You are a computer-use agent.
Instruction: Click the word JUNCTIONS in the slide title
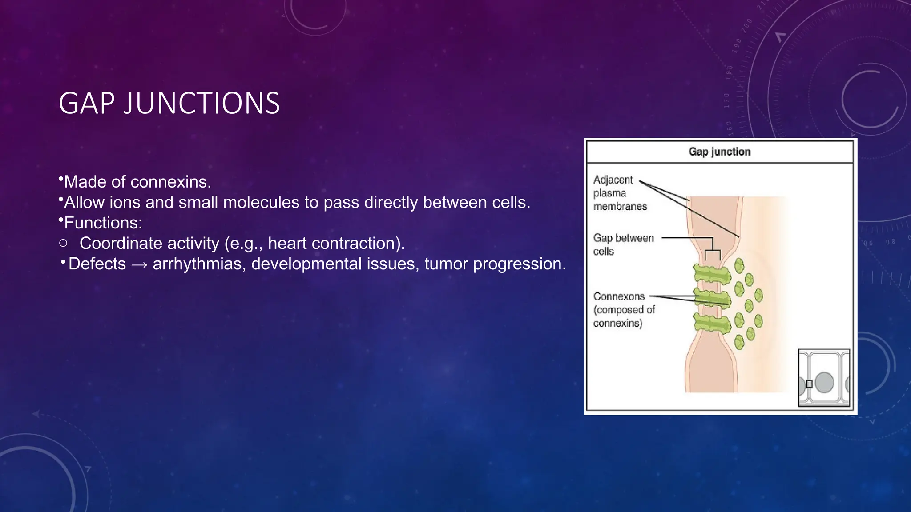pos(201,103)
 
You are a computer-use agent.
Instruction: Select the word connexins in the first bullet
pos(170,182)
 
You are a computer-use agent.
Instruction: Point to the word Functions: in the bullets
pos(103,223)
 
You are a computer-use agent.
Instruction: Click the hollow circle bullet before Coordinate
pos(63,243)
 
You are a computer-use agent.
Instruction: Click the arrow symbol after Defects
pos(139,264)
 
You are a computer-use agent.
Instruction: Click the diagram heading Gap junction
pos(719,152)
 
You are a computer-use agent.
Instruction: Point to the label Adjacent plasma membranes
pos(619,193)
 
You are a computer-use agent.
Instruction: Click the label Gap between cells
pos(623,244)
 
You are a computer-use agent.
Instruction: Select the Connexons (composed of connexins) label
pos(624,310)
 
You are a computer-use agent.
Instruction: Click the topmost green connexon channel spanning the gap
pos(712,275)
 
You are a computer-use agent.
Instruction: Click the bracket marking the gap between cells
pos(713,252)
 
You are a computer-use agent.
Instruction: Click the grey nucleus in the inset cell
pos(824,382)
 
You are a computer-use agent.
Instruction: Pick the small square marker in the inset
pos(809,384)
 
